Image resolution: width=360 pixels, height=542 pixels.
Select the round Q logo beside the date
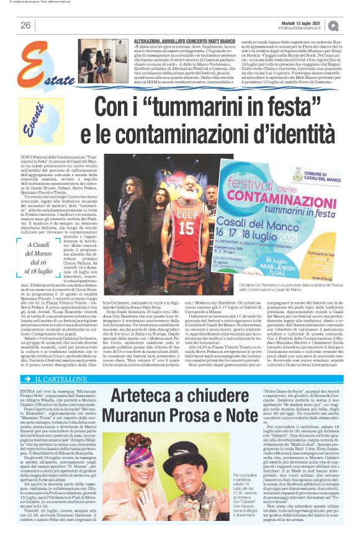point(334,24)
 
